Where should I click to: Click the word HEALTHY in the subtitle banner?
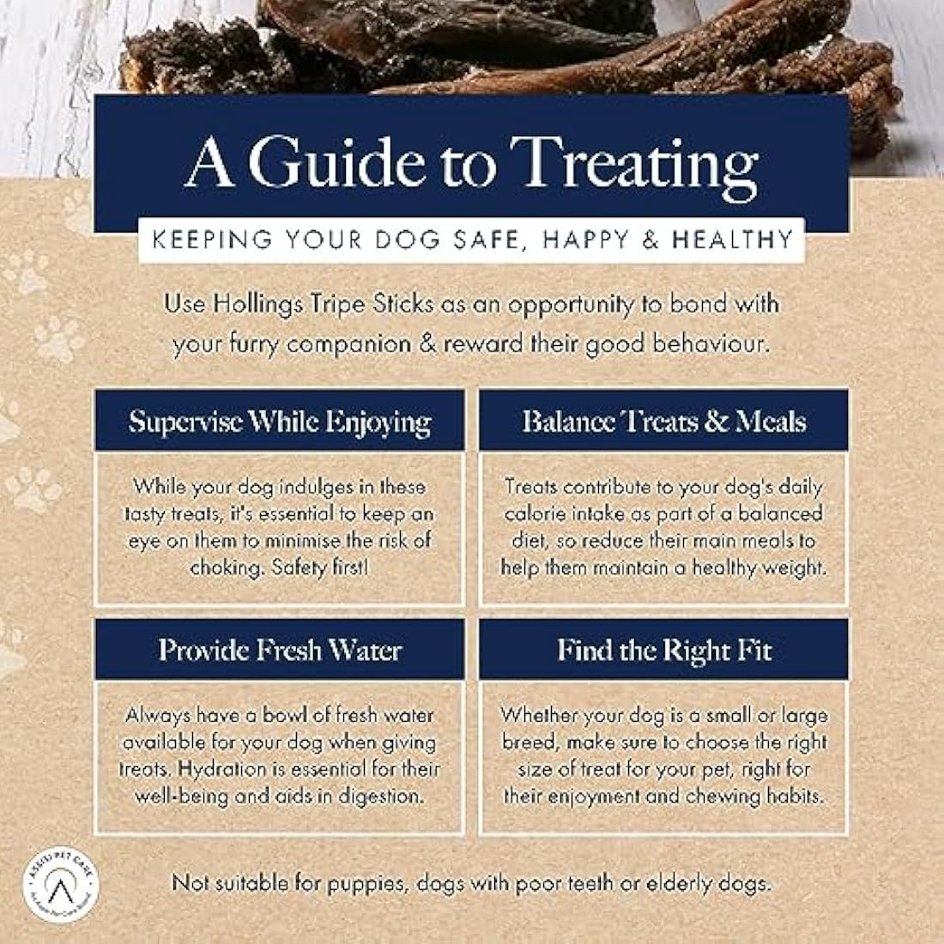pos(731,239)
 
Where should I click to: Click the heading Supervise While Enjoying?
pos(280,422)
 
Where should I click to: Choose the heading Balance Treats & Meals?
pos(663,422)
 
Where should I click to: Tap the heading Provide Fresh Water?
pos(280,651)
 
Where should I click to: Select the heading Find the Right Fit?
pos(663,651)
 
